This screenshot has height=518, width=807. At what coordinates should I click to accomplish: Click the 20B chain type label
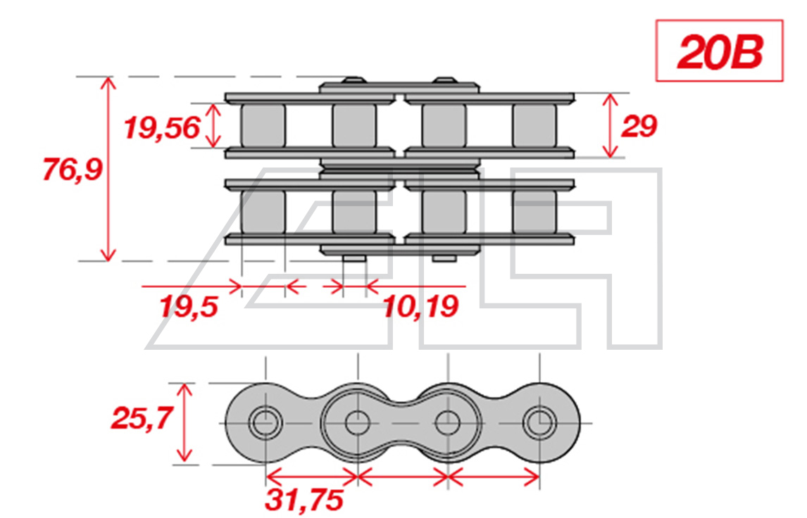[720, 52]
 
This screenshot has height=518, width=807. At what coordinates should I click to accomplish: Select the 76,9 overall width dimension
[73, 169]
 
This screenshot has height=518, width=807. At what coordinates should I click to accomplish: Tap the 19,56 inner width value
[161, 127]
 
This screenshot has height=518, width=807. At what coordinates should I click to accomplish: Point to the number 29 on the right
[639, 126]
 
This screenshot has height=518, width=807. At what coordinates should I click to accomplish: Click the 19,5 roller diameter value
[189, 307]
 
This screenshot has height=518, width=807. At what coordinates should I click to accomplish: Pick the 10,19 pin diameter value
[420, 307]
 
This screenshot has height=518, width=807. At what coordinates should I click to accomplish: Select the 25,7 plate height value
[142, 417]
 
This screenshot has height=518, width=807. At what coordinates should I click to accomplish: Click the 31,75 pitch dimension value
[304, 500]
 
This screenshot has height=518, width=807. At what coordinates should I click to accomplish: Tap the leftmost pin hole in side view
[265, 423]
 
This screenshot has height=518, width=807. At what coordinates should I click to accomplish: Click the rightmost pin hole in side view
[539, 423]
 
